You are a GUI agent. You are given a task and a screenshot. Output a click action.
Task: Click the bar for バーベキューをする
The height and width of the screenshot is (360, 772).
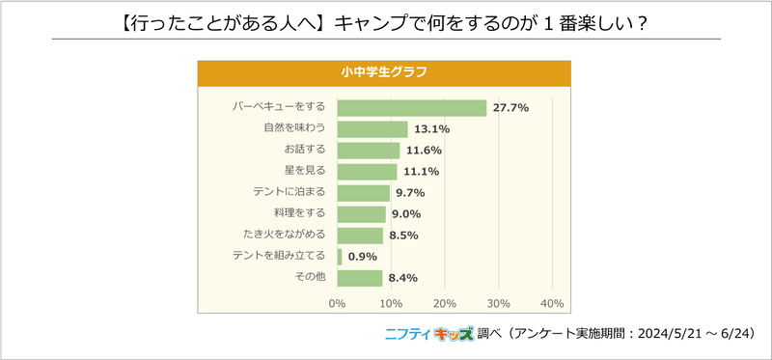coord(411,107)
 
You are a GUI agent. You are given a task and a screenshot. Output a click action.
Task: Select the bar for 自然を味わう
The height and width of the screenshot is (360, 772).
coord(372,129)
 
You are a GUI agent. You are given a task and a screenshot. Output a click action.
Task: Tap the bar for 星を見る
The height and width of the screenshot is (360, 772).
coord(367,172)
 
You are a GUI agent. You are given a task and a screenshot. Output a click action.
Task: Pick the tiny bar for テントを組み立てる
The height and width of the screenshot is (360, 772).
coord(340,257)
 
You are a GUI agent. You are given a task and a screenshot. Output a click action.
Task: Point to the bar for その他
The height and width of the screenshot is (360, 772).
coord(360,278)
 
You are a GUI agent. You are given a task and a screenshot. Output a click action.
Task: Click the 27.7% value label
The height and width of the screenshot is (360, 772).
coord(510,107)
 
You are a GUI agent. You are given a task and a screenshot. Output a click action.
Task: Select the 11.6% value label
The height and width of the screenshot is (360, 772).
coord(424,151)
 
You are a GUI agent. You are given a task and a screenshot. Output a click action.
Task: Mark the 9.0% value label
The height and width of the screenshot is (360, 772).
coord(408,214)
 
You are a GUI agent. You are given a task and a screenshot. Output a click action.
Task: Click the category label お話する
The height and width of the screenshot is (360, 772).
coord(304,151)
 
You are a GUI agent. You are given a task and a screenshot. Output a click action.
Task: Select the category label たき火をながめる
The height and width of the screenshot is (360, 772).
coord(285,235)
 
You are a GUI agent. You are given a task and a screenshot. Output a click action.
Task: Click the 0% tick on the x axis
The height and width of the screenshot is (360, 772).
coord(337,304)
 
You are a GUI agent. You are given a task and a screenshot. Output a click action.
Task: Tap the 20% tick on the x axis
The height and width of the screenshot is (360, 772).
coord(444,304)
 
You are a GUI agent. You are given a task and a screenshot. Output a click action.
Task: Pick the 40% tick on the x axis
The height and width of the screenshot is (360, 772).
coord(551,304)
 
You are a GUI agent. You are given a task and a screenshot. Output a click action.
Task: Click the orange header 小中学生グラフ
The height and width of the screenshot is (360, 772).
coord(384,72)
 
